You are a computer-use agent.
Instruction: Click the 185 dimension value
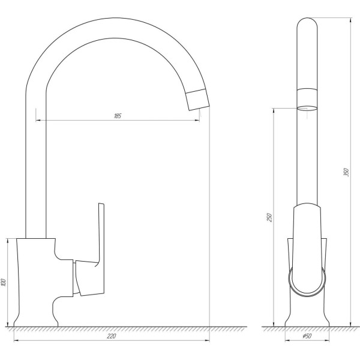coord(118,116)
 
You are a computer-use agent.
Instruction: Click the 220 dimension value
coord(111,336)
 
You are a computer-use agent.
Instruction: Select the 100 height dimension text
coord(5,282)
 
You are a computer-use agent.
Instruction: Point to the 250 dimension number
coord(269,217)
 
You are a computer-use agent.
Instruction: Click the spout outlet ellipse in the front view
coord(308,109)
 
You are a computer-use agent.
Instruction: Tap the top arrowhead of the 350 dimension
coord(350,18)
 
